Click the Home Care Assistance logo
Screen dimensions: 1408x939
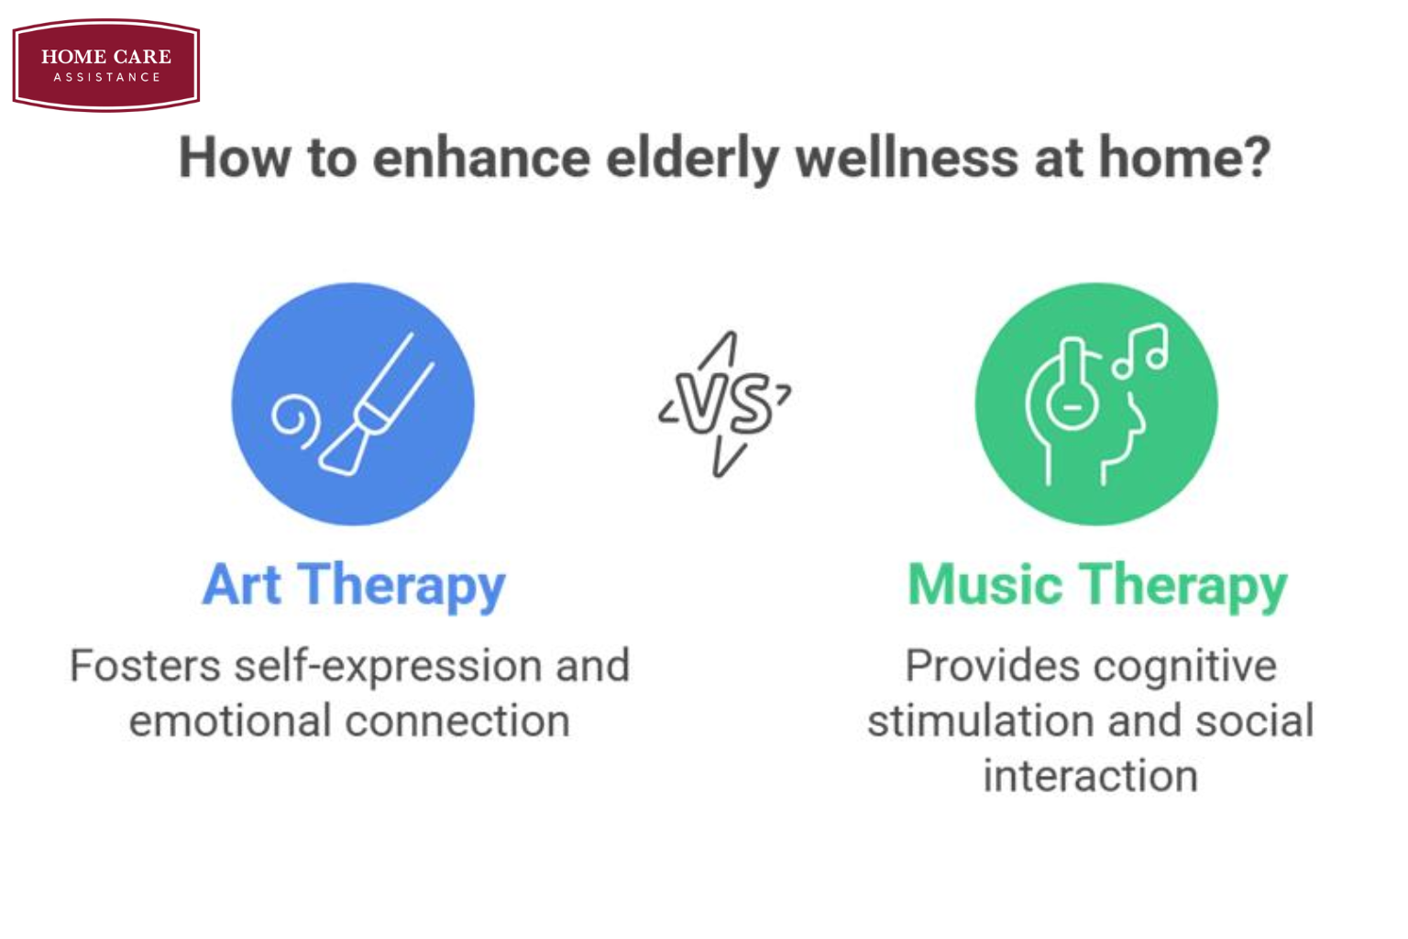[x=106, y=65]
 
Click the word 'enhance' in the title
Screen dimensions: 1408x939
[x=481, y=158]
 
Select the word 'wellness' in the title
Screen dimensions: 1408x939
[x=907, y=158]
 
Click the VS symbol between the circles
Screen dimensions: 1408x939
[x=725, y=403]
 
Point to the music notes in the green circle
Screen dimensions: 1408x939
[x=1140, y=351]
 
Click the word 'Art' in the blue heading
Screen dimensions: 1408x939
[x=242, y=585]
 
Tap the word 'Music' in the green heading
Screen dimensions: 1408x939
[x=985, y=585]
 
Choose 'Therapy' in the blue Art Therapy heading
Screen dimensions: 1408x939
[x=401, y=588]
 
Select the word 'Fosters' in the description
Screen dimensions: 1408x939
[x=145, y=666]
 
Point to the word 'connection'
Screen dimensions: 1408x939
[x=457, y=721]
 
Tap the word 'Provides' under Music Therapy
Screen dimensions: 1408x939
[x=993, y=666]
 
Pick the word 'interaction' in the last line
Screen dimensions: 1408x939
[x=1091, y=776]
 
